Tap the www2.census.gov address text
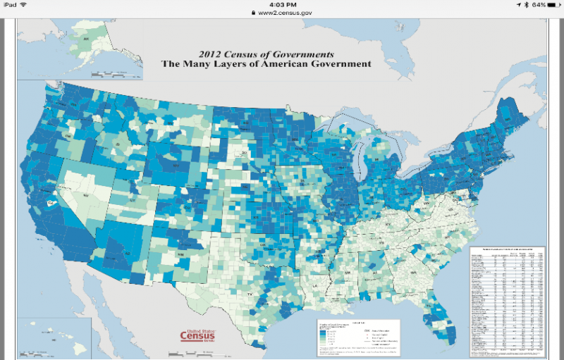click(285, 13)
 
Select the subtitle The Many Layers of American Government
click(266, 63)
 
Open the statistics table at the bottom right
click(507, 299)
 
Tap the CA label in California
click(50, 202)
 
